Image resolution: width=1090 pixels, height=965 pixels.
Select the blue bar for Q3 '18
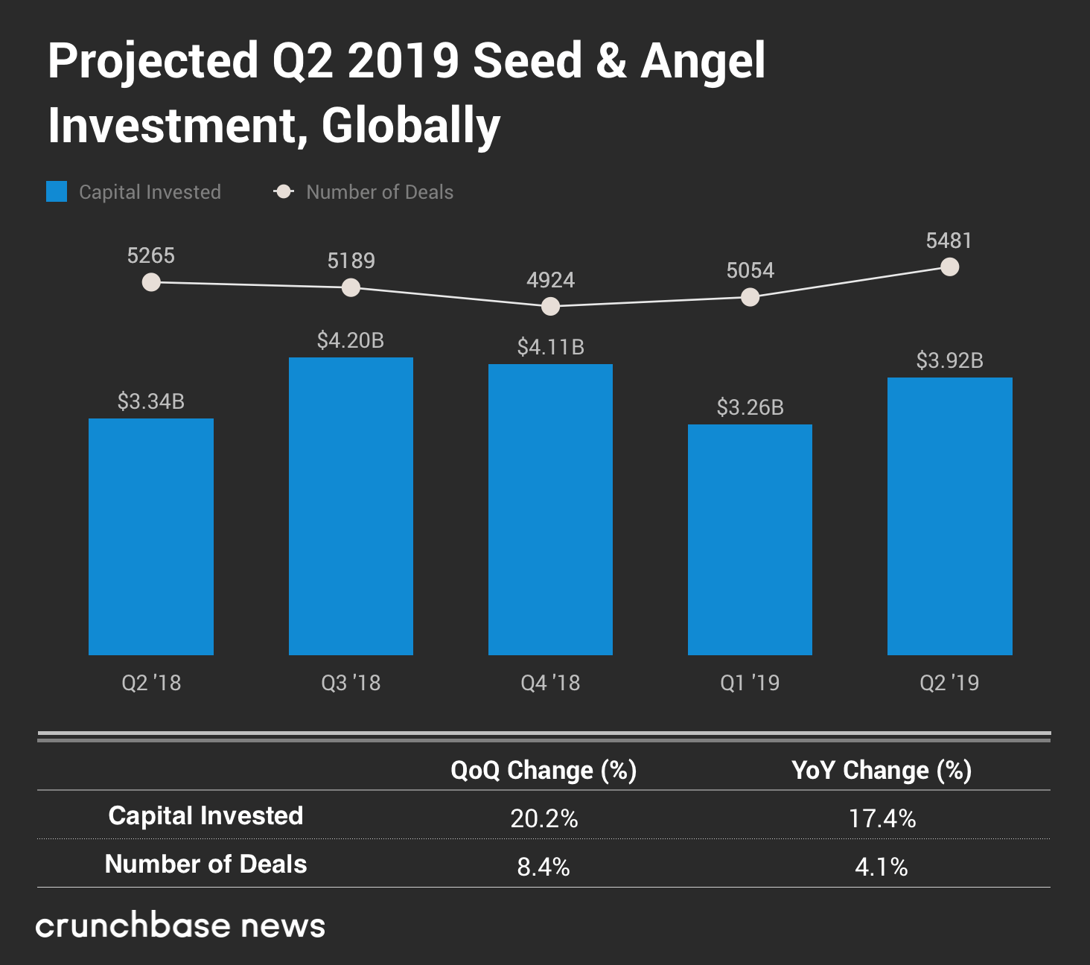pyautogui.click(x=351, y=506)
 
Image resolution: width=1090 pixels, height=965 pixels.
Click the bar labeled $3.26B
pyautogui.click(x=750, y=540)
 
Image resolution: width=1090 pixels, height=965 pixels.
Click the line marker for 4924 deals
pyautogui.click(x=550, y=306)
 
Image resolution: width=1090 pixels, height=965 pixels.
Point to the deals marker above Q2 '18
pyautogui.click(x=151, y=282)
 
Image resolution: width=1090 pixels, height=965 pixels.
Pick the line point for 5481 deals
pyautogui.click(x=949, y=267)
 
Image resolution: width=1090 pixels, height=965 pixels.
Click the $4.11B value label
pyautogui.click(x=550, y=347)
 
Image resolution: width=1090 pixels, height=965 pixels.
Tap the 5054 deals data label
pyautogui.click(x=750, y=270)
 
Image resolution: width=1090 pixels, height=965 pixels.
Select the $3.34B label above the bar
pyautogui.click(x=151, y=401)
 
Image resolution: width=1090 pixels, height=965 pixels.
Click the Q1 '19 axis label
pyautogui.click(x=750, y=683)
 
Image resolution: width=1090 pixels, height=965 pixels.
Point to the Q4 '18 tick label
pyautogui.click(x=550, y=683)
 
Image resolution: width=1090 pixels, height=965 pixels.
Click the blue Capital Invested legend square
pyautogui.click(x=57, y=191)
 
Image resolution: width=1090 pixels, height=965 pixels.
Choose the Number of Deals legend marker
pyautogui.click(x=284, y=192)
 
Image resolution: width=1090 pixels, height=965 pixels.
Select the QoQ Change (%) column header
pyautogui.click(x=544, y=770)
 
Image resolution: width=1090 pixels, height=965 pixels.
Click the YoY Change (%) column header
pyautogui.click(x=882, y=770)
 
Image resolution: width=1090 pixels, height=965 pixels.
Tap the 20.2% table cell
pyautogui.click(x=544, y=818)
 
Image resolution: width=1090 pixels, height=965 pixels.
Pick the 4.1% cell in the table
pyautogui.click(x=882, y=867)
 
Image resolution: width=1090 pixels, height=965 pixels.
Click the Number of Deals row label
pyautogui.click(x=205, y=864)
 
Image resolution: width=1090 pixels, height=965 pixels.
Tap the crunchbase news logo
pyautogui.click(x=180, y=926)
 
